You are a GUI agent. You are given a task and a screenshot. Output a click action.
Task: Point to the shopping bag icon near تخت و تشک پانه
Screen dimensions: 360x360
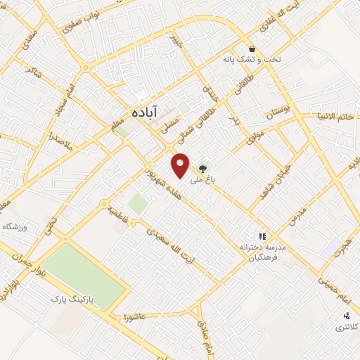click(x=251, y=49)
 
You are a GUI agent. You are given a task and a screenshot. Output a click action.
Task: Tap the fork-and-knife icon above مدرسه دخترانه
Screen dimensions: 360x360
click(x=262, y=237)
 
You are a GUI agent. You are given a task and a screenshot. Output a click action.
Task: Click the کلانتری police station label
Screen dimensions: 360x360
click(x=345, y=328)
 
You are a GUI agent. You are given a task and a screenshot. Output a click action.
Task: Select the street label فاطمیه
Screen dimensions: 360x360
click(x=117, y=214)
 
